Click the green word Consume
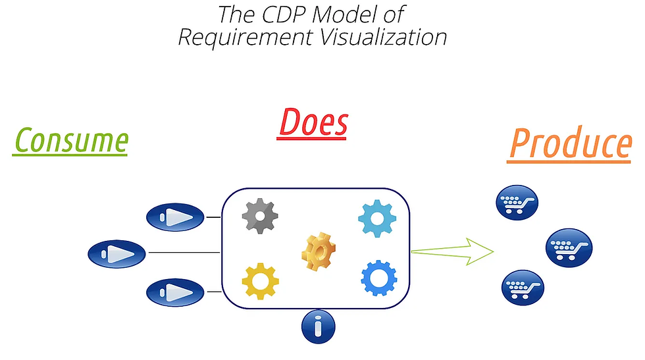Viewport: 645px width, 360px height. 70,140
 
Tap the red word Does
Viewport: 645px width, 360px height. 313,122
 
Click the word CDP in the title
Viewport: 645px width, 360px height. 276,14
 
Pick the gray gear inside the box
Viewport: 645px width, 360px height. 261,216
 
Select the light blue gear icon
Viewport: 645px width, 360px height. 377,219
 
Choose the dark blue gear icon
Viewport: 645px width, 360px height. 379,278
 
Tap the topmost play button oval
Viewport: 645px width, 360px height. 174,217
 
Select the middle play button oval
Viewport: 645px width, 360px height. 116,253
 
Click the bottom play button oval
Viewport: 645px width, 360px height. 174,291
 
